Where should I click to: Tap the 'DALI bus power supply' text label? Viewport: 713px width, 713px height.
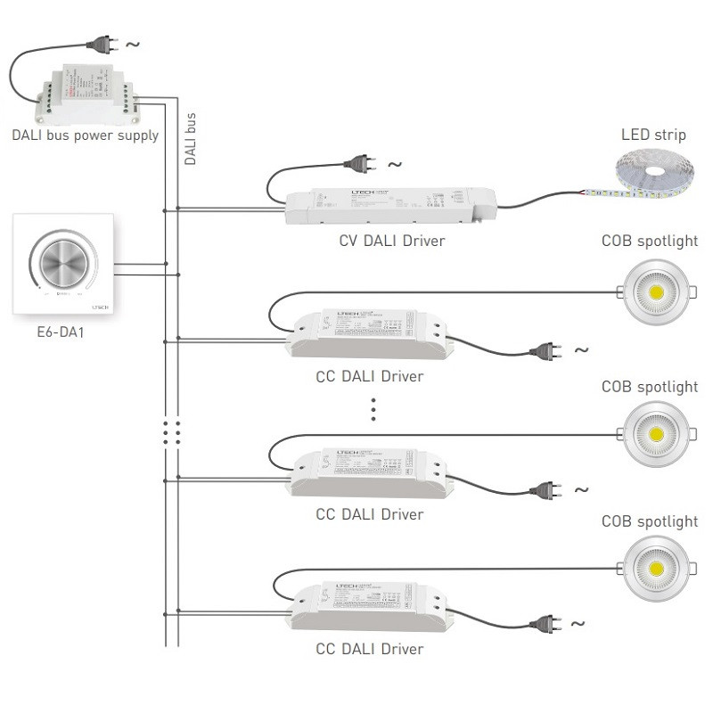point(86,136)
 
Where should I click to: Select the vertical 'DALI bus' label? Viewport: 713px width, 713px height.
point(190,139)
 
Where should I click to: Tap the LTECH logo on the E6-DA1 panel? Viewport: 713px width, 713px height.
point(98,306)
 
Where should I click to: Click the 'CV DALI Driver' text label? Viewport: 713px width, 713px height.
point(392,241)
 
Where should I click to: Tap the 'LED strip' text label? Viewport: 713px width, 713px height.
point(653,135)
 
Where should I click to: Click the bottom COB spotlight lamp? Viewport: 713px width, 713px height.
point(655,568)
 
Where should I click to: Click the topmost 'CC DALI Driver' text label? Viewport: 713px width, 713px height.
point(370,376)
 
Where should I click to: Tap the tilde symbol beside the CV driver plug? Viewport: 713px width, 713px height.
point(394,165)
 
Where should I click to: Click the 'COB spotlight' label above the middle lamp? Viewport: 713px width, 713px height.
point(650,388)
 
